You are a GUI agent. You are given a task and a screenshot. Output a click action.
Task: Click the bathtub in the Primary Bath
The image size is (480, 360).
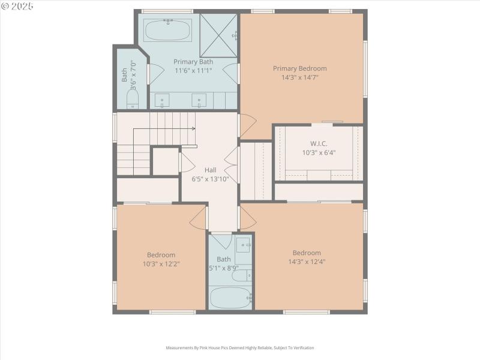coord(169,29)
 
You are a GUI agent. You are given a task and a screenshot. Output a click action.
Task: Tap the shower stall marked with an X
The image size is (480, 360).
coord(218,35)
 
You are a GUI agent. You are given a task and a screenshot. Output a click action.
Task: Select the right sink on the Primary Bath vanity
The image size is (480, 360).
coord(199,100)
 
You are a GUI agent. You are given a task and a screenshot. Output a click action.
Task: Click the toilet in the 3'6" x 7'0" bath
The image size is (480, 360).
coord(132,99)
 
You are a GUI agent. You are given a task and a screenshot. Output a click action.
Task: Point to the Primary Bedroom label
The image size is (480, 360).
coord(299,68)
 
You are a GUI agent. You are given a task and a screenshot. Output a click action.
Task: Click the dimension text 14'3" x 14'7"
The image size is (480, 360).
coord(299,77)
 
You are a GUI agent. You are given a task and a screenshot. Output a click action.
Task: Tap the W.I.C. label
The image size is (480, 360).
coord(319,143)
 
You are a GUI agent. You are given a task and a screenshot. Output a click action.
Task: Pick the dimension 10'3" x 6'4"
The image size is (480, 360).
coord(319,152)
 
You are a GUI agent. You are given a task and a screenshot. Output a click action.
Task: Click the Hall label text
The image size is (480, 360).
coord(210,170)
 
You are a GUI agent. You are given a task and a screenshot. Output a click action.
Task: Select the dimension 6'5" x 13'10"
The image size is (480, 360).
coord(210,179)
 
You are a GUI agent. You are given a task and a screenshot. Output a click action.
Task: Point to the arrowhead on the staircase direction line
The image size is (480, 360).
coord(193,128)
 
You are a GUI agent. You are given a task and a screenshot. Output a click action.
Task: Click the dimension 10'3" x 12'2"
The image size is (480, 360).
coord(161,263)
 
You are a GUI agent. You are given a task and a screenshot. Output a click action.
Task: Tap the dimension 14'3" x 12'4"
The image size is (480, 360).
coord(307,262)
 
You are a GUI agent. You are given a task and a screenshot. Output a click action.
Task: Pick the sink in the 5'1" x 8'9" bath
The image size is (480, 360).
coord(243,245)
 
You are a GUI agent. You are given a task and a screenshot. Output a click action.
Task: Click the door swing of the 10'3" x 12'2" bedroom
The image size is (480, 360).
coord(198,220)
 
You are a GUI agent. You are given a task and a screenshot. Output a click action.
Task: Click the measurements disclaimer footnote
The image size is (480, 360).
coord(239,347)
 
